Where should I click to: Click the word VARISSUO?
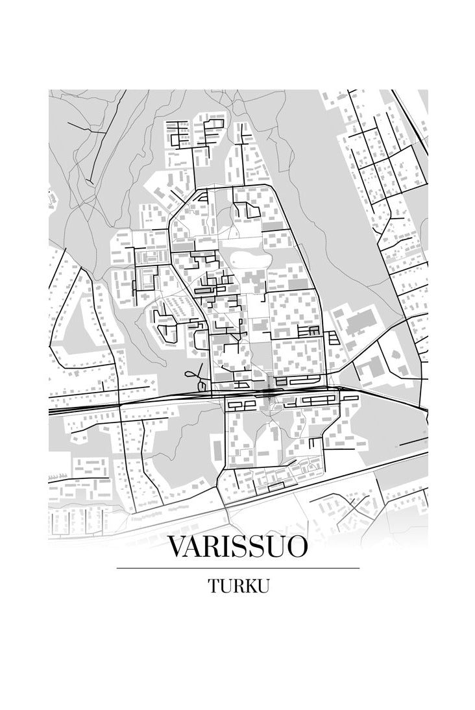pyautogui.click(x=237, y=546)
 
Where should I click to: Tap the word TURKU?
pyautogui.click(x=238, y=585)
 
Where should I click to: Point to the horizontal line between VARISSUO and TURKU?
pyautogui.click(x=237, y=568)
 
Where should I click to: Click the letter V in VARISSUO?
pyautogui.click(x=178, y=546)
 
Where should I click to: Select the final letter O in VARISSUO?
pyautogui.click(x=295, y=546)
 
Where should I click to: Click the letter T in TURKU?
pyautogui.click(x=214, y=585)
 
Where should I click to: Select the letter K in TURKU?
pyautogui.click(x=249, y=585)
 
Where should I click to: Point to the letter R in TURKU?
pyautogui.click(x=237, y=585)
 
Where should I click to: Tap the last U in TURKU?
pyautogui.click(x=262, y=585)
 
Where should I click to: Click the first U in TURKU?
pyautogui.click(x=225, y=585)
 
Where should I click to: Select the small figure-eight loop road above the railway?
pyautogui.click(x=192, y=374)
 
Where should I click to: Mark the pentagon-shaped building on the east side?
pyautogui.click(x=369, y=369)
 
